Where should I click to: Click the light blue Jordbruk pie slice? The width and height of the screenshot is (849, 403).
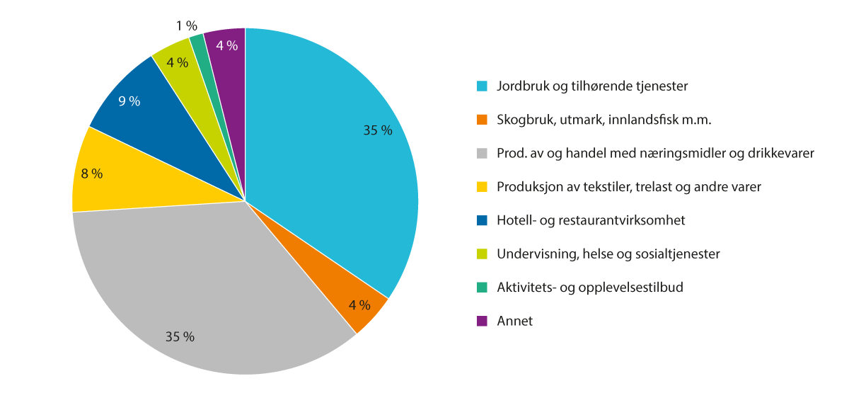coord(325,156)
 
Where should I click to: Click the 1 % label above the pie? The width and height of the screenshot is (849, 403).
coord(187,26)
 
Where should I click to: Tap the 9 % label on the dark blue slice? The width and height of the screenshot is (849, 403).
coord(129,101)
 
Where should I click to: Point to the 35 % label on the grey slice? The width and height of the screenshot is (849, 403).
coord(180,336)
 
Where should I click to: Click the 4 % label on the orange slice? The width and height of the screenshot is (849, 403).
coord(359,305)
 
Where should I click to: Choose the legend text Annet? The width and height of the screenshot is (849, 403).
coord(514,321)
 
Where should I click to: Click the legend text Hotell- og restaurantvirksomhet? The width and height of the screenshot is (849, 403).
coord(591,220)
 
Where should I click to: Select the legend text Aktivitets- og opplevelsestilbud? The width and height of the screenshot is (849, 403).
coord(589,287)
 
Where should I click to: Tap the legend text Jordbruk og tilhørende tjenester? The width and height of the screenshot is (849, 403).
coord(592,86)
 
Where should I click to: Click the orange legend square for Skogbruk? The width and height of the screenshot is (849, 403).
coord(482,120)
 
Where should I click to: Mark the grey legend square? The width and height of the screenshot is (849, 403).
coord(482,153)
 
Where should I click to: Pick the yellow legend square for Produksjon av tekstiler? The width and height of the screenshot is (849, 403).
coord(482,187)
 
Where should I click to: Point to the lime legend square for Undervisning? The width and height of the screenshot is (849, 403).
coord(482,254)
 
